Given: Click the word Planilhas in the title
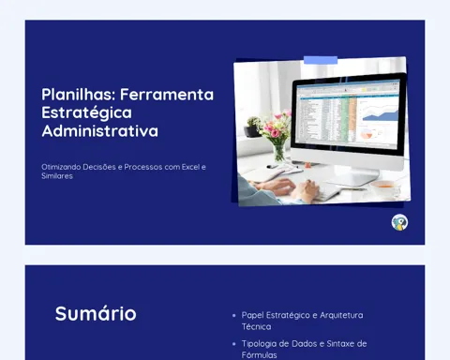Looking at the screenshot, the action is point(79,95).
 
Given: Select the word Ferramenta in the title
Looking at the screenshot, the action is point(167,95).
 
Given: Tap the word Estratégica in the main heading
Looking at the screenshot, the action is point(86,112).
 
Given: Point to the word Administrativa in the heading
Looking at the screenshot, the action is point(100,130).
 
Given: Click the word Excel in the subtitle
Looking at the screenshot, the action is point(190,167).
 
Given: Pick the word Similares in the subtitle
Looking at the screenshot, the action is point(57,176).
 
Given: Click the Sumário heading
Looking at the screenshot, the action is point(96,313).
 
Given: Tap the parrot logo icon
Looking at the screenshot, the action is point(399,222).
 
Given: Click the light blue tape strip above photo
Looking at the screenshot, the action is point(321,60).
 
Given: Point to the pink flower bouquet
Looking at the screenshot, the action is point(275,127).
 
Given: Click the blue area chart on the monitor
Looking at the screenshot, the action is point(380,115).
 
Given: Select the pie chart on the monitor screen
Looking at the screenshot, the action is point(367,135).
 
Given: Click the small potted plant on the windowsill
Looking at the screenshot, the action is point(253,127).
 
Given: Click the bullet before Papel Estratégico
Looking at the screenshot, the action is point(234,316).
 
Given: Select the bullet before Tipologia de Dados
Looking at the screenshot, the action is point(234,344).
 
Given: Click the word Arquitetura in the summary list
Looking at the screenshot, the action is point(341,315).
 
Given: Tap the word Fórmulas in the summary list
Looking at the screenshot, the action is point(259,355).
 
